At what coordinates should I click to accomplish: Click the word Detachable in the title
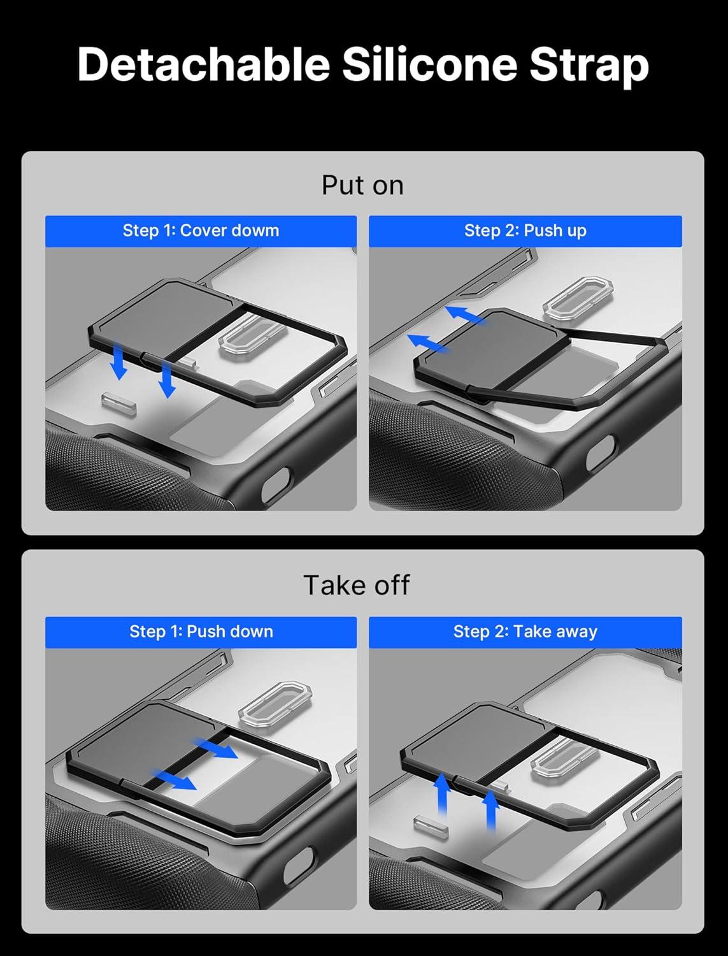pos(203,64)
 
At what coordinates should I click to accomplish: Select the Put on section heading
pos(362,185)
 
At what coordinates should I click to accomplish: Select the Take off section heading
pos(356,585)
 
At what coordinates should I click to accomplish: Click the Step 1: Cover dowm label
pos(201,231)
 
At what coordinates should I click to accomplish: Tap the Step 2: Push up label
pos(525,231)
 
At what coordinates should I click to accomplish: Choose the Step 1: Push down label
pos(201,632)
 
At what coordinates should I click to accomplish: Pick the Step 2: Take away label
pos(525,632)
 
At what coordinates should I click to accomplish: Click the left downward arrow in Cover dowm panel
pos(118,364)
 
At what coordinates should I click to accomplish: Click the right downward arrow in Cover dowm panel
pos(167,380)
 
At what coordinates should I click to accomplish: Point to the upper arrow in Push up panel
pos(464,315)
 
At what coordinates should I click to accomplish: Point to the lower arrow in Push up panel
pos(427,342)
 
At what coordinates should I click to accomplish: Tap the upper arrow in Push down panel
pos(216,748)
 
